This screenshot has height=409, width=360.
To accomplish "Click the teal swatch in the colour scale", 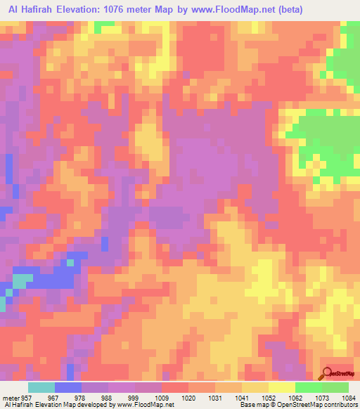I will click(x=41, y=387).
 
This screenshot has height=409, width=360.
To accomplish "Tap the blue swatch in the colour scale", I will click(x=68, y=387).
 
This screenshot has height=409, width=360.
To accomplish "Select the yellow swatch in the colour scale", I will click(x=282, y=387).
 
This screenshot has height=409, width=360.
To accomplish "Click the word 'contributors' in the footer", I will click(x=337, y=405).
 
